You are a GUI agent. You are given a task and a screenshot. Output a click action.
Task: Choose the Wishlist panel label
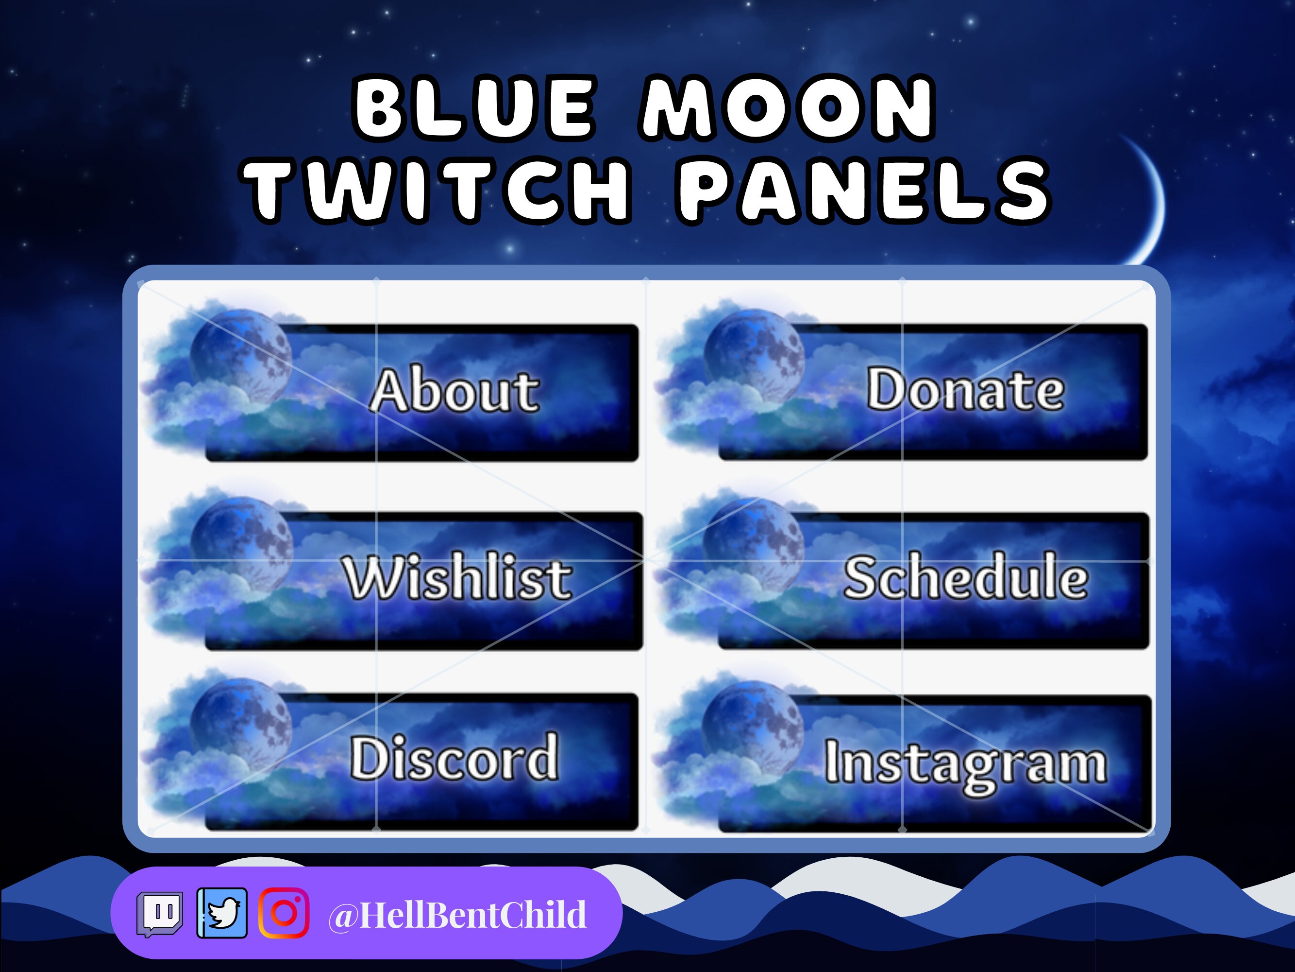point(456,578)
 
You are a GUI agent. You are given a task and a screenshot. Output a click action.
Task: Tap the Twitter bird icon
point(222,913)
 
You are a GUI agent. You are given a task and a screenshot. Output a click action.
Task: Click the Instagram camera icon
point(284,913)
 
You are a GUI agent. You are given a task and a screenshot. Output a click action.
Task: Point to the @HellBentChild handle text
point(456,915)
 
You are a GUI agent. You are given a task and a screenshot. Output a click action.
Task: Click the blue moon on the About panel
point(241,359)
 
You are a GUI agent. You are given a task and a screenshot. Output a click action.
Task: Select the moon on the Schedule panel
point(754,545)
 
